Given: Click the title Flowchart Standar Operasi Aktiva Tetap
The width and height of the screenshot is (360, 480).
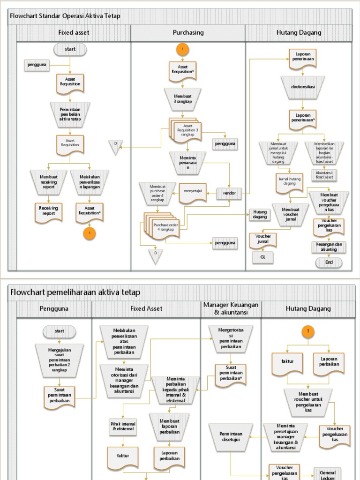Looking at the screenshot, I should [65, 16].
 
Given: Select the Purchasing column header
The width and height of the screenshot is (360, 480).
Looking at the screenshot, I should [188, 32].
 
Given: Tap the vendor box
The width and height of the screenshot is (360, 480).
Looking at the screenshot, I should [229, 193].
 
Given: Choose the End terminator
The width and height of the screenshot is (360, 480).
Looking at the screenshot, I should [329, 262].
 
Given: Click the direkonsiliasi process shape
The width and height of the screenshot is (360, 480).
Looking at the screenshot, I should [303, 87].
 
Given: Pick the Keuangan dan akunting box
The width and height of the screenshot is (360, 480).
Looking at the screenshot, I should [329, 247].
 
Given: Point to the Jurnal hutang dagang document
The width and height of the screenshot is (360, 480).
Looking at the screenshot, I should [290, 181].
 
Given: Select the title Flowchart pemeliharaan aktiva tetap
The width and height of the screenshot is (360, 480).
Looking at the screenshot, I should [75, 292].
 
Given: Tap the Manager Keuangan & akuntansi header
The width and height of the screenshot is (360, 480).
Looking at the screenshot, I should [231, 308].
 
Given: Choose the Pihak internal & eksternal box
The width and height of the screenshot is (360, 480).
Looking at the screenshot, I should [122, 427].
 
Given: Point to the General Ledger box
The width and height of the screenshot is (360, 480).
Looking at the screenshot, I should [328, 473].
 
